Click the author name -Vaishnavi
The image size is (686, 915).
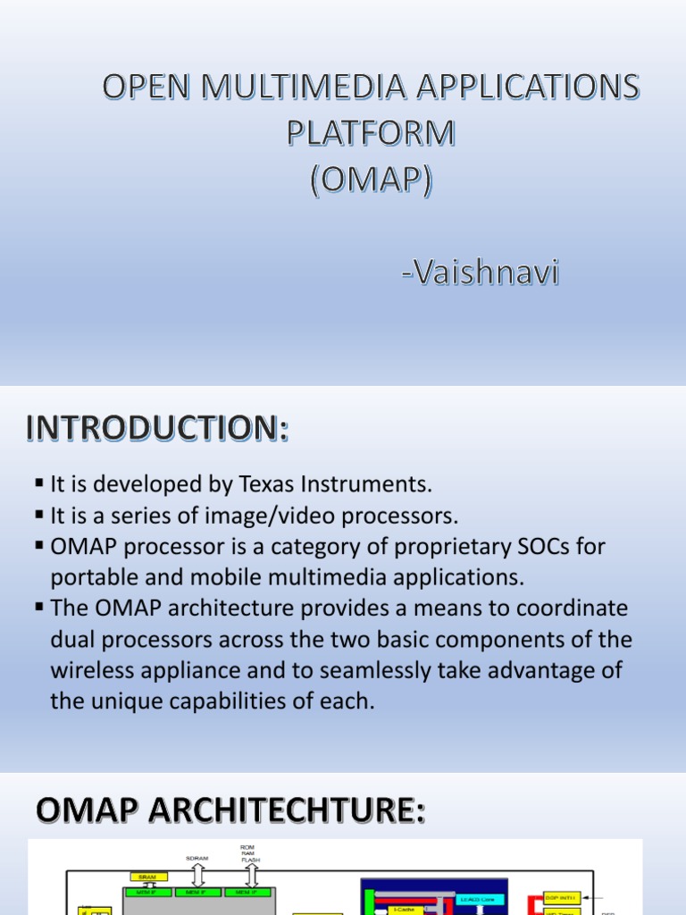(x=481, y=273)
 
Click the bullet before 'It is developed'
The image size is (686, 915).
(x=39, y=483)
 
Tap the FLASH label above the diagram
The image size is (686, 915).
(x=250, y=860)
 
